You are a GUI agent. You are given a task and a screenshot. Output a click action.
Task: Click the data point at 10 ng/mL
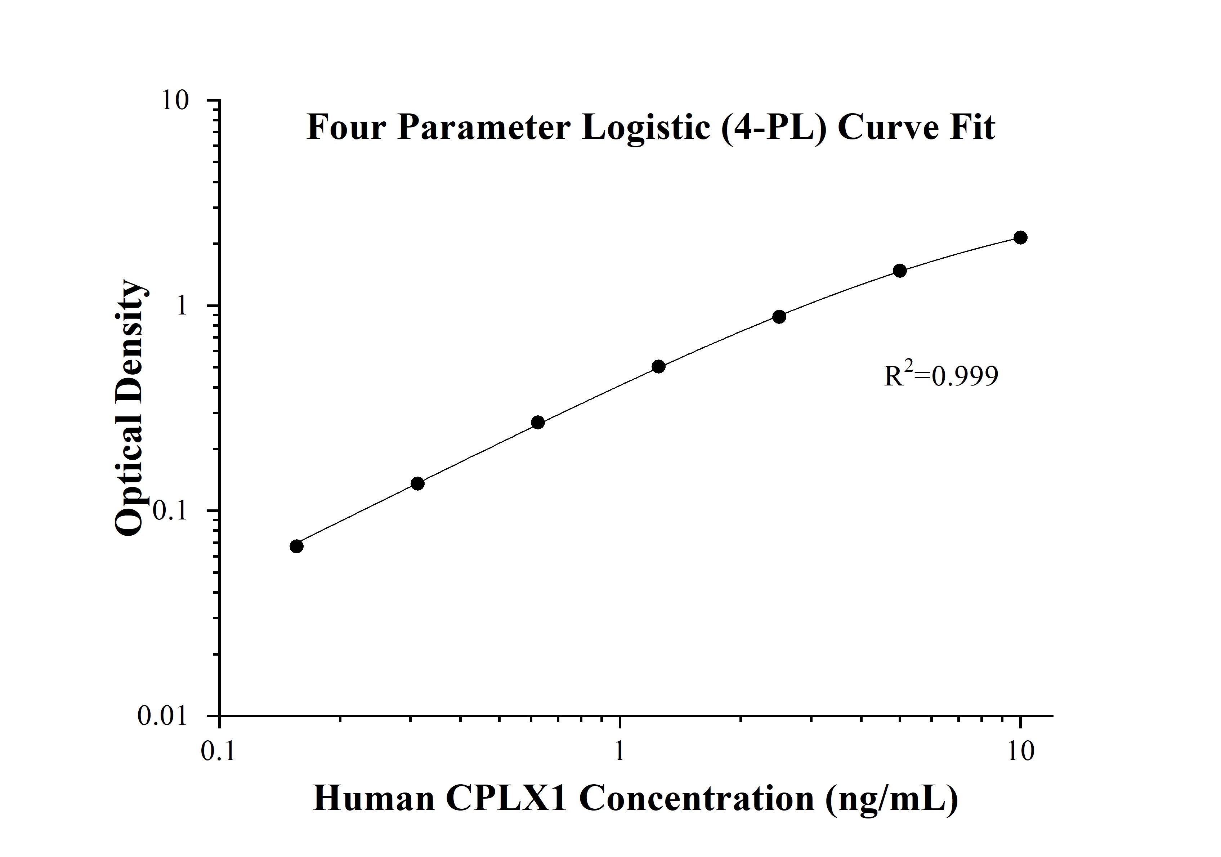(1020, 237)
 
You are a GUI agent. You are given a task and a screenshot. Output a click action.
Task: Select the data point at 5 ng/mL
(899, 271)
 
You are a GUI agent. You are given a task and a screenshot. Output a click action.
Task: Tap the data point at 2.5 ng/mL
(779, 317)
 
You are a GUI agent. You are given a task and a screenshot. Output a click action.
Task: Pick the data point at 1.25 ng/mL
(658, 366)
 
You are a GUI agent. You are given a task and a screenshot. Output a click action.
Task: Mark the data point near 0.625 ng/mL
(538, 423)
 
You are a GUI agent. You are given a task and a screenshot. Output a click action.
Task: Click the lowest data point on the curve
(297, 546)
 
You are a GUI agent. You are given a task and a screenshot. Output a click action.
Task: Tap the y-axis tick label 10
(175, 101)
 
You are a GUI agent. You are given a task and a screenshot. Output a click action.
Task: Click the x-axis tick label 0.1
(219, 752)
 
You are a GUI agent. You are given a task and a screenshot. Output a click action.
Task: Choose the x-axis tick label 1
(619, 752)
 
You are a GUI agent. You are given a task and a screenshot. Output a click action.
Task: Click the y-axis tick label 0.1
(170, 511)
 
